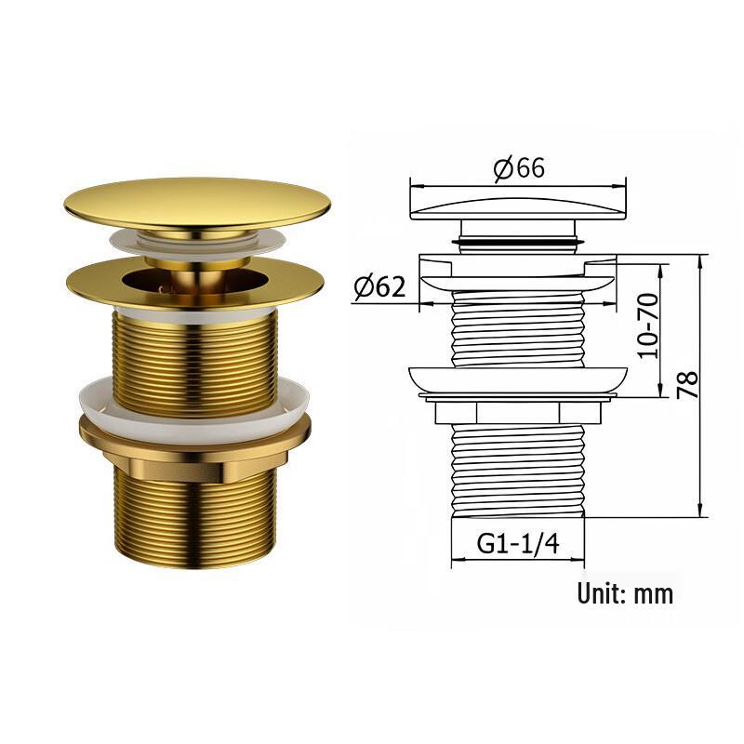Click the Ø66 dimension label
click(x=519, y=167)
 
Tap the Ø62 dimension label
click(x=379, y=287)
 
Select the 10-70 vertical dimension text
click(x=648, y=325)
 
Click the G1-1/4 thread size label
click(x=518, y=543)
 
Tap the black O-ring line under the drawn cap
click(x=518, y=244)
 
